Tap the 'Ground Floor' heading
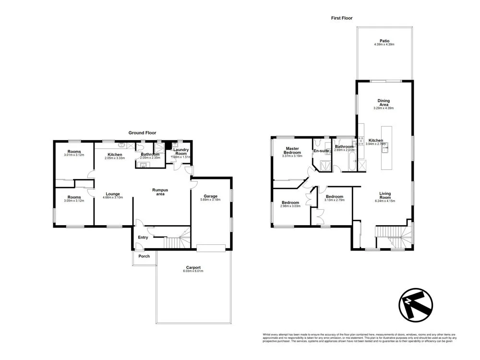[x=142, y=133]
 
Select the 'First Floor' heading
[x=342, y=18]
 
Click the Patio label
[x=384, y=41]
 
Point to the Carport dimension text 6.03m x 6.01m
[x=193, y=271]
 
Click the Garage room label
[x=210, y=196]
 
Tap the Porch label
[x=144, y=256]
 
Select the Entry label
[x=143, y=237]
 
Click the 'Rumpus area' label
[x=160, y=192]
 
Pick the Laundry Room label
[x=181, y=152]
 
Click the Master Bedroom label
[x=293, y=151]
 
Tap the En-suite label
[x=321, y=151]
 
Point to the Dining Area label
[x=384, y=103]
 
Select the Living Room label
[x=385, y=195]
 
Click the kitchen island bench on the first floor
[x=386, y=149]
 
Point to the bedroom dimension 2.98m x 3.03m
[x=290, y=206]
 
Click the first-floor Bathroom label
[x=344, y=147]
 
